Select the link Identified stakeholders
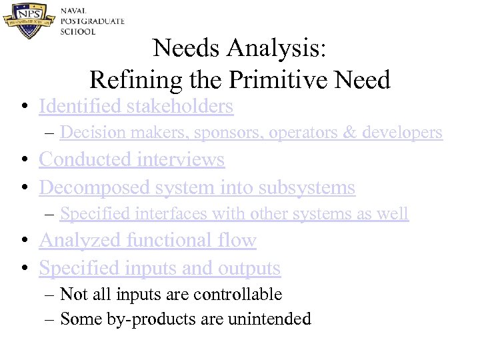(136, 106)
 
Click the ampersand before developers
(349, 133)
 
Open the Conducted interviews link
(132, 160)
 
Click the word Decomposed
(95, 188)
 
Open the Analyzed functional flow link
(147, 240)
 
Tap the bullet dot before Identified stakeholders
(23, 107)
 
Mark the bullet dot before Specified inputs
(23, 269)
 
